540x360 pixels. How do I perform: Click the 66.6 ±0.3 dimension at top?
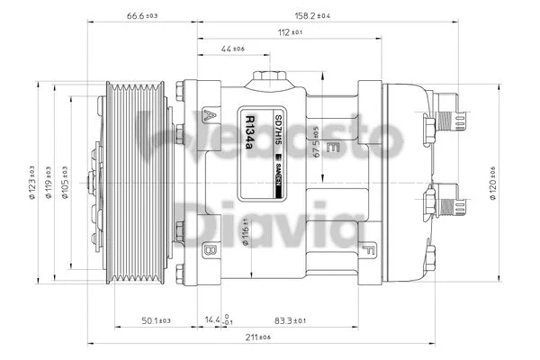tap(142, 16)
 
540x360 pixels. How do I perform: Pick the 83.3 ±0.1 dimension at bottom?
tap(291, 320)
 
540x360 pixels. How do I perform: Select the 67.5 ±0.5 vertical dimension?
tap(316, 142)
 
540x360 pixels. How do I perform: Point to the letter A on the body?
tap(209, 114)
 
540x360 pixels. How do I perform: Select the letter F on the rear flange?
tap(370, 247)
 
